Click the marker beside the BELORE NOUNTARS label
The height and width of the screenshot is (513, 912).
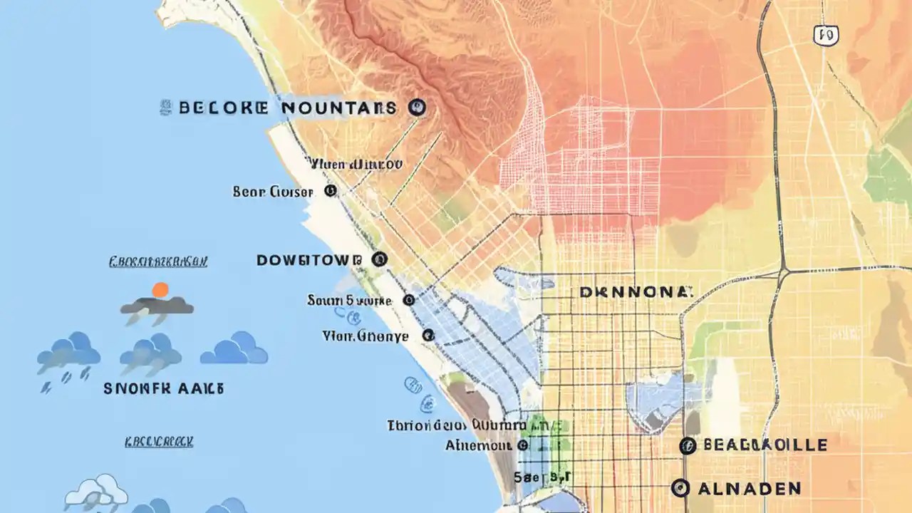tap(418, 108)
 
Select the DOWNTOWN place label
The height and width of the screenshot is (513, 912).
tap(309, 260)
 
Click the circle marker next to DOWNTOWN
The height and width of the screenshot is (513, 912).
tap(380, 259)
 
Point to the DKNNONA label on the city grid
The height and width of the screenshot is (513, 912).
tap(636, 292)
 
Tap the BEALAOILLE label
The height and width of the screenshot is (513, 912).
tap(765, 445)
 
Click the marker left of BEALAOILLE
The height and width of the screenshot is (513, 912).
tap(687, 446)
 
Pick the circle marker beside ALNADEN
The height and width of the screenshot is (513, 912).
tap(680, 488)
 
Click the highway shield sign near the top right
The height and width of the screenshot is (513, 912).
tap(826, 34)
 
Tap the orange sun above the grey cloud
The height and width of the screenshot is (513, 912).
tap(160, 289)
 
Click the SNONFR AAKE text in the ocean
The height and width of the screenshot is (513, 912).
tap(164, 389)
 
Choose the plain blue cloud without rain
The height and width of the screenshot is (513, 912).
tap(234, 349)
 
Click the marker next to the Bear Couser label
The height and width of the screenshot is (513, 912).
tap(329, 191)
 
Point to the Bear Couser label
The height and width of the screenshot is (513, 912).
tap(273, 192)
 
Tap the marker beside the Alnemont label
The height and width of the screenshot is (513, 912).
tap(522, 445)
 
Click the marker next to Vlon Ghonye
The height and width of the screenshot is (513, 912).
tap(427, 335)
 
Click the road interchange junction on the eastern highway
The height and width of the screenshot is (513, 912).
tap(784, 271)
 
